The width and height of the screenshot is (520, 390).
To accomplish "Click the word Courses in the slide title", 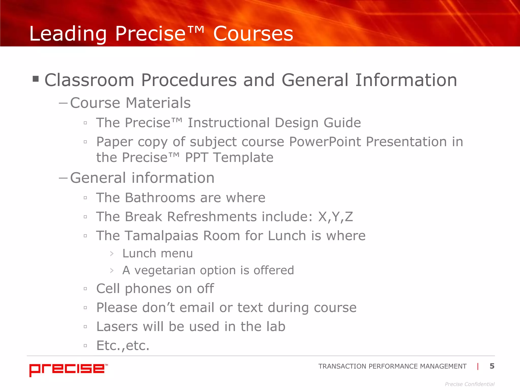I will [253, 34].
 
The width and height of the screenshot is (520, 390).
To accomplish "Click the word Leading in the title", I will [68, 34].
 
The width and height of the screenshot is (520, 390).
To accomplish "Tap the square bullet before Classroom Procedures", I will [36, 79].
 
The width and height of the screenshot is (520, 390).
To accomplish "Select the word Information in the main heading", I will [406, 80].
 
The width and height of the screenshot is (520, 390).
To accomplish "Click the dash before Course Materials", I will [63, 103].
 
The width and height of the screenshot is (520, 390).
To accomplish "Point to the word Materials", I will [158, 103].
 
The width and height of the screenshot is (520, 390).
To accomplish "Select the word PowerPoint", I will [325, 142].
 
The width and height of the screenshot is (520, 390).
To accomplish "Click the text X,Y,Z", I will [335, 217].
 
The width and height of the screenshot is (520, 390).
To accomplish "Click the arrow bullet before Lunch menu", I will [112, 254].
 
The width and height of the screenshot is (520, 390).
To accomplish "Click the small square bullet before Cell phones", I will [85, 289].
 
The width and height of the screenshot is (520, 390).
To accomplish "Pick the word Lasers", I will [117, 327].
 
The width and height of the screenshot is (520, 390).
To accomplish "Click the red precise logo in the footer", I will [68, 369].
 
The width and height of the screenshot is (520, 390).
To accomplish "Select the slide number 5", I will [492, 366].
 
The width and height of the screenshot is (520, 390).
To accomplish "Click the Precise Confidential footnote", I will [469, 384].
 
